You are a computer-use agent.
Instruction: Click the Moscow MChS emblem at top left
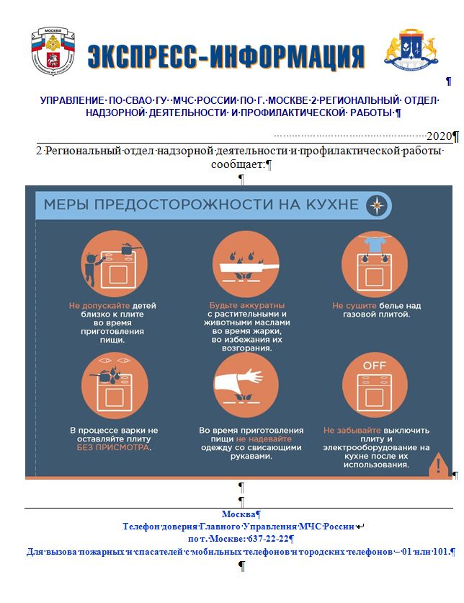(x=52, y=50)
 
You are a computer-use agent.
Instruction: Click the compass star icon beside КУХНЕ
(x=378, y=206)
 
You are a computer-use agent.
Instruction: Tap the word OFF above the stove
(x=373, y=366)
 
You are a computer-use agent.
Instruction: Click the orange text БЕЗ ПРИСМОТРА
(x=114, y=448)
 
